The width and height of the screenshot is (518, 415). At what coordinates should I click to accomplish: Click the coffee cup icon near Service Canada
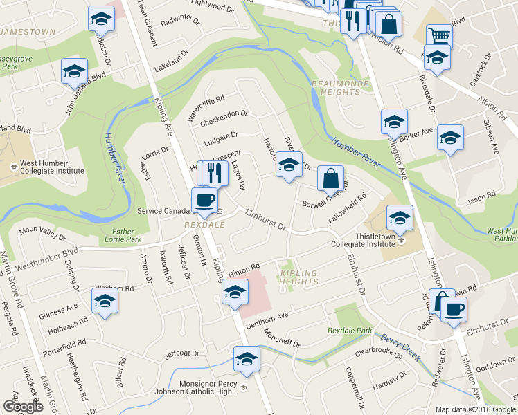(203, 200)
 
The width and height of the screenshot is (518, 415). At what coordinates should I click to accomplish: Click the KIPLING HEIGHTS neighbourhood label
(299, 277)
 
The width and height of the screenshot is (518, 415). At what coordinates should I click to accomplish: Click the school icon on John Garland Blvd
(74, 70)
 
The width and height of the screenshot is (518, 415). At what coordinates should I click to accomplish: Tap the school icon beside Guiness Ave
(105, 301)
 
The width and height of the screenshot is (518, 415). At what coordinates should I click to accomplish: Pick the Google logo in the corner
(23, 407)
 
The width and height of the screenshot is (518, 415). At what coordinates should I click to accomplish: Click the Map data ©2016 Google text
(475, 409)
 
